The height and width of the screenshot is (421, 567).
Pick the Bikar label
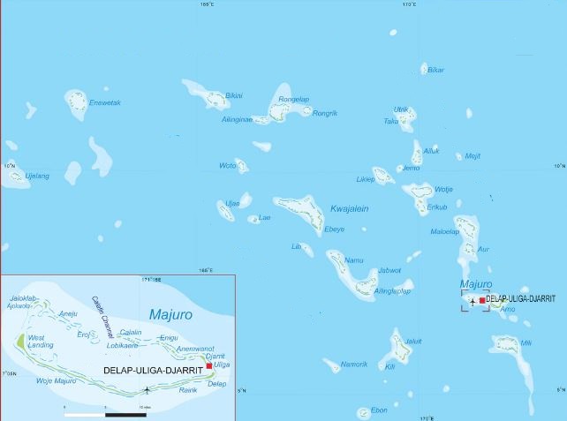[x=435, y=70]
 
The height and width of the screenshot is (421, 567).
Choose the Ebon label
[x=379, y=410]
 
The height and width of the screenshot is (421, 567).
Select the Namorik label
[x=355, y=365]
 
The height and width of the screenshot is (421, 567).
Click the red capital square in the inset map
[x=209, y=365]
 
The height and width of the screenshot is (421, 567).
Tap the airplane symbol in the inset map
[x=158, y=389]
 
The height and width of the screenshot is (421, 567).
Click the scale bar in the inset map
[x=105, y=414]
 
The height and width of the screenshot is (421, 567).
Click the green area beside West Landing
[x=19, y=340]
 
